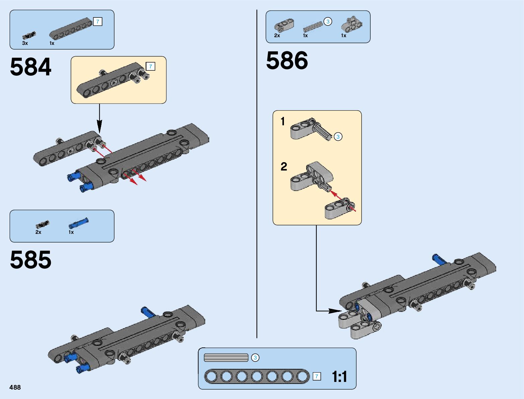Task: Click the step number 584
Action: point(30,67)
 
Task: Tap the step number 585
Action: point(30,260)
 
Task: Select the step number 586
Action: point(287,60)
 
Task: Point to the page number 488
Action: point(15,387)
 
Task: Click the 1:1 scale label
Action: point(339,377)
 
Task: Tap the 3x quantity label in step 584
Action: point(25,43)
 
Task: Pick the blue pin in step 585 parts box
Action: point(79,223)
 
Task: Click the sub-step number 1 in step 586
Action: point(283,121)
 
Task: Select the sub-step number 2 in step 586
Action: point(284,167)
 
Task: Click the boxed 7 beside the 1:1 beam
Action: point(317,377)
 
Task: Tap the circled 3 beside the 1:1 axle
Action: point(255,358)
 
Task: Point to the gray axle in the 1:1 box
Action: point(226,358)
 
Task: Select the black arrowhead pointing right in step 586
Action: point(335,311)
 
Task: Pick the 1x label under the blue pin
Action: point(71,232)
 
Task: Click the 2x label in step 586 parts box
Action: point(277,36)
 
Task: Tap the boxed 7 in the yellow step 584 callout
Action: point(150,66)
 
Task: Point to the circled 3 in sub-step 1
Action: point(338,137)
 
